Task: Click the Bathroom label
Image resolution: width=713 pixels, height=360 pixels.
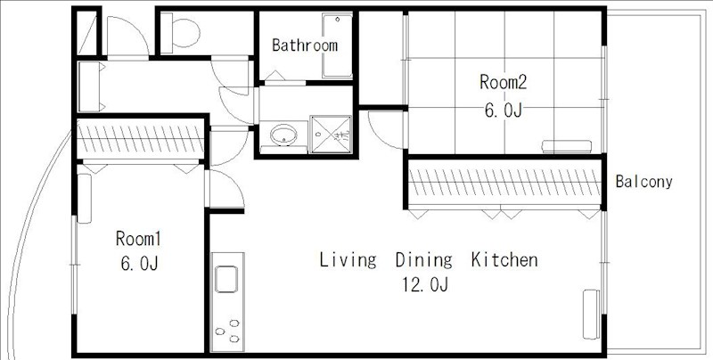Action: (305, 45)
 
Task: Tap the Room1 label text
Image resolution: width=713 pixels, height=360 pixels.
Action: (138, 239)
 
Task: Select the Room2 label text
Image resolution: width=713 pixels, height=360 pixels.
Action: (503, 82)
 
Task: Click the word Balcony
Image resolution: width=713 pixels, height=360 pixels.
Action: (643, 182)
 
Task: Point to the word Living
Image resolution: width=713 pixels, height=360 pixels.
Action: (348, 260)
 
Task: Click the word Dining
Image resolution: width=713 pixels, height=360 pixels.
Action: (424, 260)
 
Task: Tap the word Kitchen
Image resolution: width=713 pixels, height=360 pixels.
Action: (504, 259)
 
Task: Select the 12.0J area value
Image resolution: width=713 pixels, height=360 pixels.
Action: (425, 285)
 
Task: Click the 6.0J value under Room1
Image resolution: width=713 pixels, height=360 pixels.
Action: (139, 264)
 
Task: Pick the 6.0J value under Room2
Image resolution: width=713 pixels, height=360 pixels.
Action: (503, 110)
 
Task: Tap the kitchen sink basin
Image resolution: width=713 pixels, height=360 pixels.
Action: (226, 279)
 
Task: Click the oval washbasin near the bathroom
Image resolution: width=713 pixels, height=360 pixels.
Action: (283, 135)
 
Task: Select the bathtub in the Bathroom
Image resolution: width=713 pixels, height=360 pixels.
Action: (337, 45)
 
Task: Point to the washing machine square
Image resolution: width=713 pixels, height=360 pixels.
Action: (331, 135)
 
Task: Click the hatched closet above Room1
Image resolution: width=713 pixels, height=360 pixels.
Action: (141, 139)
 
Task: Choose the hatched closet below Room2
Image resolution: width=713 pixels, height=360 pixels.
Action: (504, 182)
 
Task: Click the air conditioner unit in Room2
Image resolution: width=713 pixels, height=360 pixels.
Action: (567, 146)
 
